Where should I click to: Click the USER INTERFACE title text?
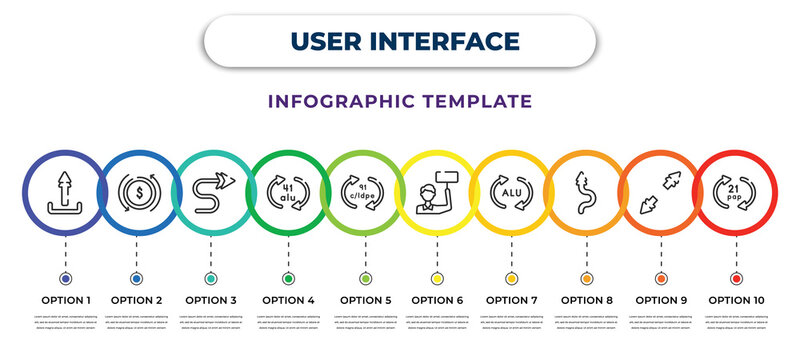coord(399,41)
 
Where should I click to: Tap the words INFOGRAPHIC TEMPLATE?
coord(399,101)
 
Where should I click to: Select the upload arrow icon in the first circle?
coord(65,192)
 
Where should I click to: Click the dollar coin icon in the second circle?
coord(136,191)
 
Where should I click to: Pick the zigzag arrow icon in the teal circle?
coord(210,191)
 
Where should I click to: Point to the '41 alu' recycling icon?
coord(288,191)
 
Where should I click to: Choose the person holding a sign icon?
coord(437,191)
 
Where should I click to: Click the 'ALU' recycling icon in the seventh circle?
coord(511,191)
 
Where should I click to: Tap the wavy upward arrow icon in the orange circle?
coord(585,191)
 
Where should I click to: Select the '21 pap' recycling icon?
coord(736,191)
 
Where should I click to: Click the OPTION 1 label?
coord(65,299)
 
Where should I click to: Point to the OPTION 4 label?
coord(288,299)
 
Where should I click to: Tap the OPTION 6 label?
coord(437,299)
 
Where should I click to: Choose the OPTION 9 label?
coord(661,299)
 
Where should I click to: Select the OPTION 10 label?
coord(736,299)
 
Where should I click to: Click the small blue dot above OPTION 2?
coord(136,278)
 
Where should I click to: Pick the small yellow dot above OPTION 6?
coord(437,278)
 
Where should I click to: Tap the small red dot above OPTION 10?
coord(736,278)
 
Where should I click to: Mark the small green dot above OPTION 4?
coord(288,278)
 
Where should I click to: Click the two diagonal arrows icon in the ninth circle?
coord(661,191)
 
